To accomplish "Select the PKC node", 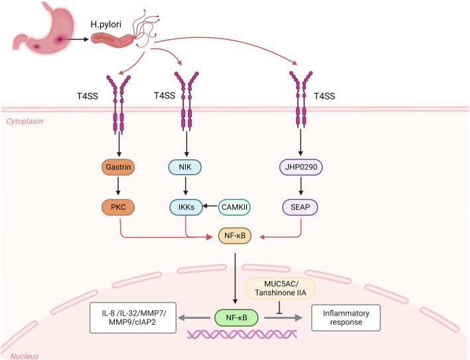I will pos(119,207).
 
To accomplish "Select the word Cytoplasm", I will pos(24,121).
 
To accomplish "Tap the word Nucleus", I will pos(19,355).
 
